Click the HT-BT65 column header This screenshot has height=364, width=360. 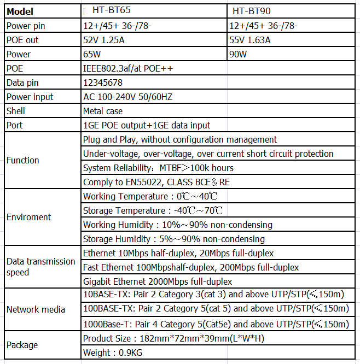pyautogui.click(x=112, y=11)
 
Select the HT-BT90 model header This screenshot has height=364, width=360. pyautogui.click(x=251, y=11)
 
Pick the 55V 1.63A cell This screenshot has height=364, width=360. pyautogui.click(x=250, y=40)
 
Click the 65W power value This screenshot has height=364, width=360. pyautogui.click(x=92, y=54)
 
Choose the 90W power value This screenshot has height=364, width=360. pyautogui.click(x=239, y=54)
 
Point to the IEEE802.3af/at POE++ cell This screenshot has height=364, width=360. pyautogui.click(x=131, y=68)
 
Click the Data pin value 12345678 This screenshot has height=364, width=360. pyautogui.click(x=103, y=83)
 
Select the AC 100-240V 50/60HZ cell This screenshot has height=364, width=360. pyautogui.click(x=127, y=97)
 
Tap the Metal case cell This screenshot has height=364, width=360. pyautogui.click(x=103, y=111)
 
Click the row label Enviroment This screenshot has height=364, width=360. pyautogui.click(x=28, y=217)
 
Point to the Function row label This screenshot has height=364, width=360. pyautogui.click(x=23, y=160)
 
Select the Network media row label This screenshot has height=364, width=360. pyautogui.click(x=36, y=309)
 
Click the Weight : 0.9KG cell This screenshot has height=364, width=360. pyautogui.click(x=113, y=353)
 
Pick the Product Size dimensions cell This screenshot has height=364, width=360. pyautogui.click(x=173, y=338)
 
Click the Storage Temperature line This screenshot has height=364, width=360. pyautogui.click(x=153, y=210)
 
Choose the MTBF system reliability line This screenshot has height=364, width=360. pyautogui.click(x=158, y=168)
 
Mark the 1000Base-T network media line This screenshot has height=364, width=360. pyautogui.click(x=216, y=324)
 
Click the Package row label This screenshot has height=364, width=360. pyautogui.click(x=22, y=345)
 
